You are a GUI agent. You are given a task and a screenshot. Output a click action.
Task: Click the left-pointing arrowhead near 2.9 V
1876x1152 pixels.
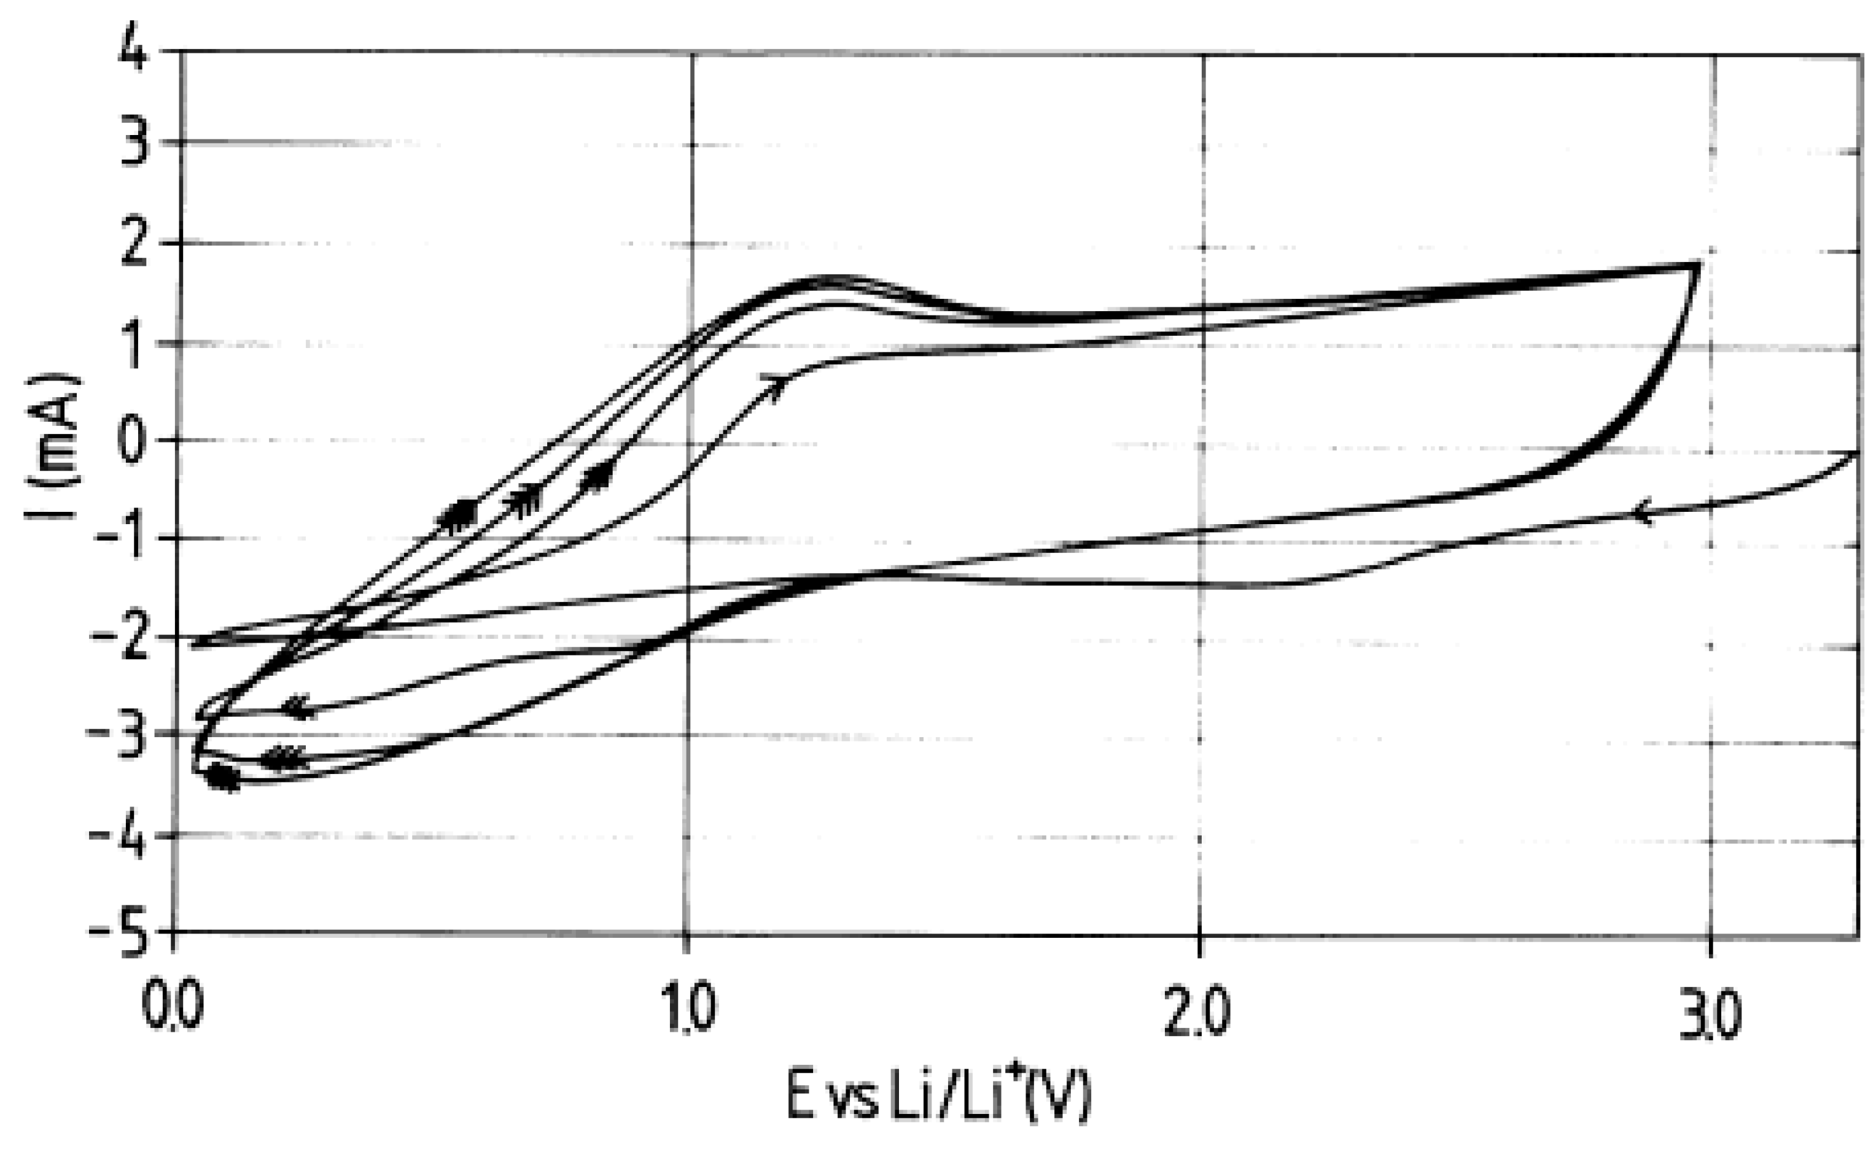click(x=1641, y=512)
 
